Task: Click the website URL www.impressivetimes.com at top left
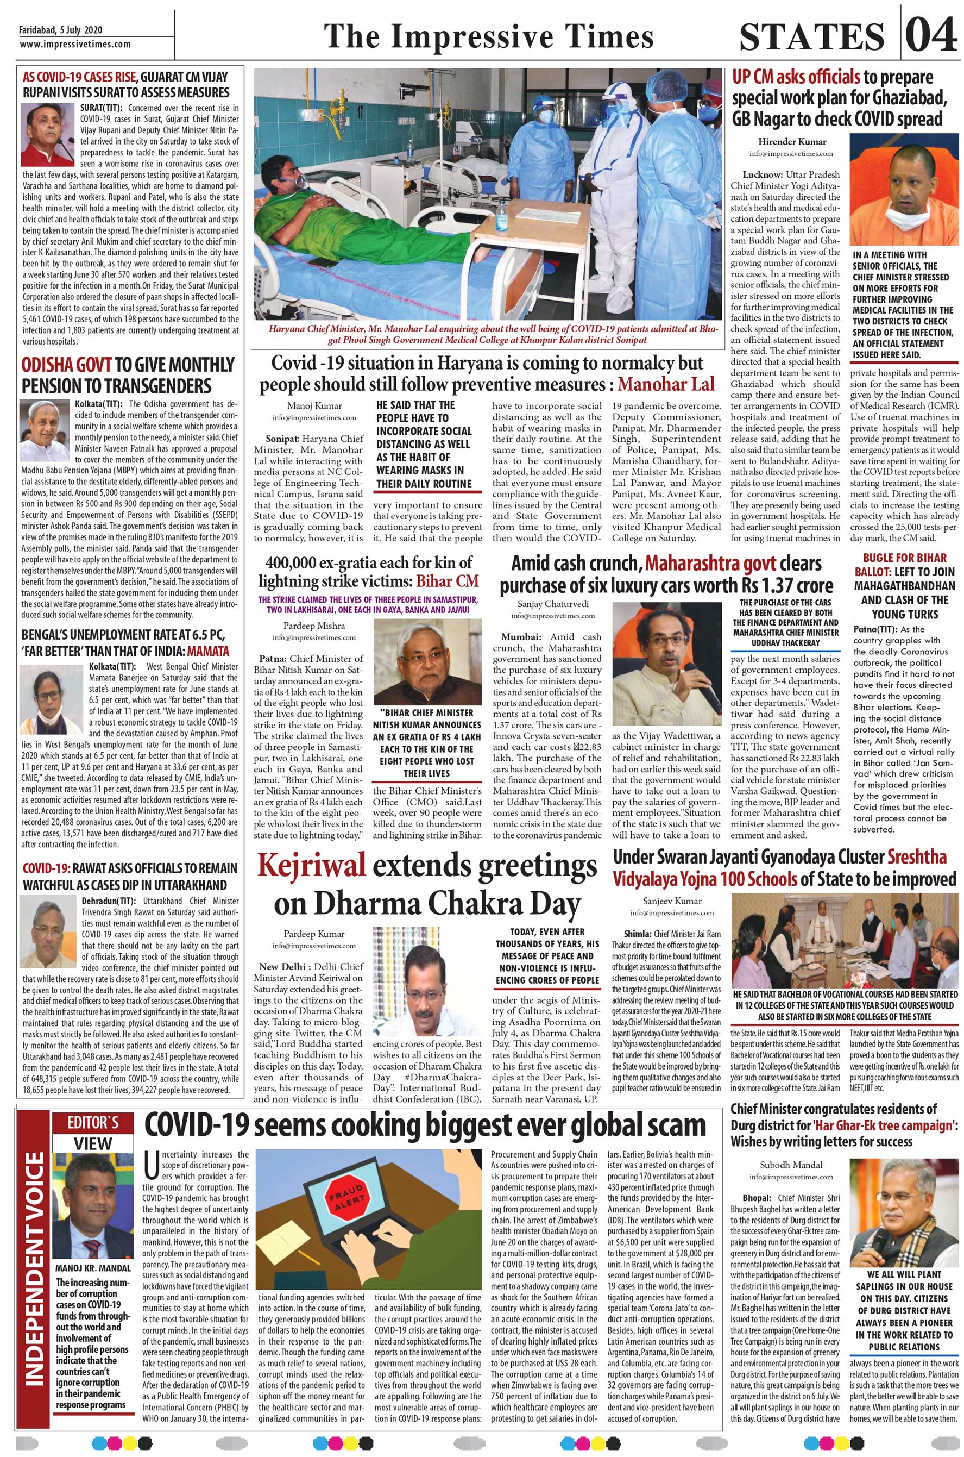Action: (x=75, y=44)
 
